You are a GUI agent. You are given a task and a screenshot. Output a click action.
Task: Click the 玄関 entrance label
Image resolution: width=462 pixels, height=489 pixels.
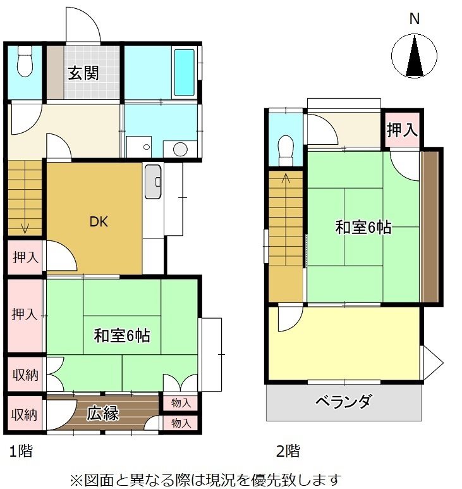(83, 73)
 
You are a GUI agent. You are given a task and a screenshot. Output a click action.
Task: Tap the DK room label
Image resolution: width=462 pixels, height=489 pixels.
(98, 222)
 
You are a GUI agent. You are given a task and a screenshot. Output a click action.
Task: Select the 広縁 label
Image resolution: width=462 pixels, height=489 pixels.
(103, 414)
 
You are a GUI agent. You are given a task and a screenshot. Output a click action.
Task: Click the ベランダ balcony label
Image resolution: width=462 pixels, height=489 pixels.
(343, 402)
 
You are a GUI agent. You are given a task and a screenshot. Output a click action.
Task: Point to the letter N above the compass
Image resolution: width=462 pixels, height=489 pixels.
(414, 19)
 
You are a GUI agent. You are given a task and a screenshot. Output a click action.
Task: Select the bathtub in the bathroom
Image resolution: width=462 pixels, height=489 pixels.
(184, 72)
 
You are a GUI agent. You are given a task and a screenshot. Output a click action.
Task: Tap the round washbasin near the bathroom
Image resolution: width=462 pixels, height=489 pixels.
(181, 149)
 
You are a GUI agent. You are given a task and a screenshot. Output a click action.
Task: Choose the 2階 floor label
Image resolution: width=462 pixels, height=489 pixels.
(288, 452)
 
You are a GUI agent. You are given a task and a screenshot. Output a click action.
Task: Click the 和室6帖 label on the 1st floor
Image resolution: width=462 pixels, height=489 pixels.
(122, 336)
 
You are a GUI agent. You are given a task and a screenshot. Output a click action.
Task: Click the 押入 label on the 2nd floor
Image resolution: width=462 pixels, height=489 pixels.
(401, 131)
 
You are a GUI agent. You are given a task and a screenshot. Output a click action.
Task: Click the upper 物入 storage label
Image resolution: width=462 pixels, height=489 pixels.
(181, 403)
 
